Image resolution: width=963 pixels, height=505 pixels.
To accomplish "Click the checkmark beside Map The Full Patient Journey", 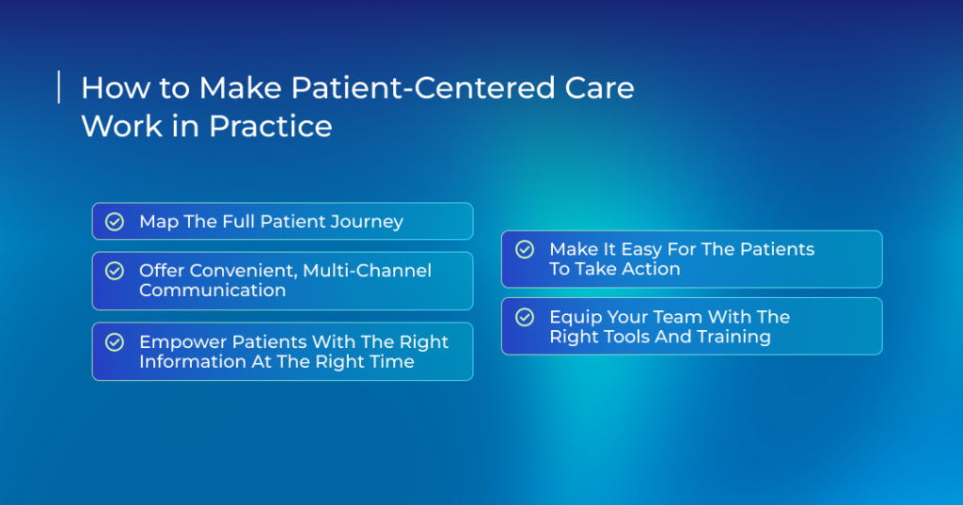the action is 115,221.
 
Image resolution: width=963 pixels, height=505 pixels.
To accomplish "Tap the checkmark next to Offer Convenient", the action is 115,270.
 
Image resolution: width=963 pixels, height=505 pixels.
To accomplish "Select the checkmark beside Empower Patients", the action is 115,341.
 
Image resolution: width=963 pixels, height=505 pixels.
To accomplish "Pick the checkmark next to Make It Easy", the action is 525,249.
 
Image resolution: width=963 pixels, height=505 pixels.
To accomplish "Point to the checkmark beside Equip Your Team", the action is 525,317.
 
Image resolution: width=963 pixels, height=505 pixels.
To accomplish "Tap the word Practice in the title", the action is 270,126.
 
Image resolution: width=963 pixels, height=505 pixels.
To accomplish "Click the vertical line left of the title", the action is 59,87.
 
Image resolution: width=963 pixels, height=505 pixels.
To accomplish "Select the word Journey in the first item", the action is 367,222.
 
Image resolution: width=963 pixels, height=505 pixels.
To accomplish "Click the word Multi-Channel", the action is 368,270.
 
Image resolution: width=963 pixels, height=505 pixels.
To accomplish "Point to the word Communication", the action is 213,290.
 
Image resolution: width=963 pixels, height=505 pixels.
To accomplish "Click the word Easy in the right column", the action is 641,249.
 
